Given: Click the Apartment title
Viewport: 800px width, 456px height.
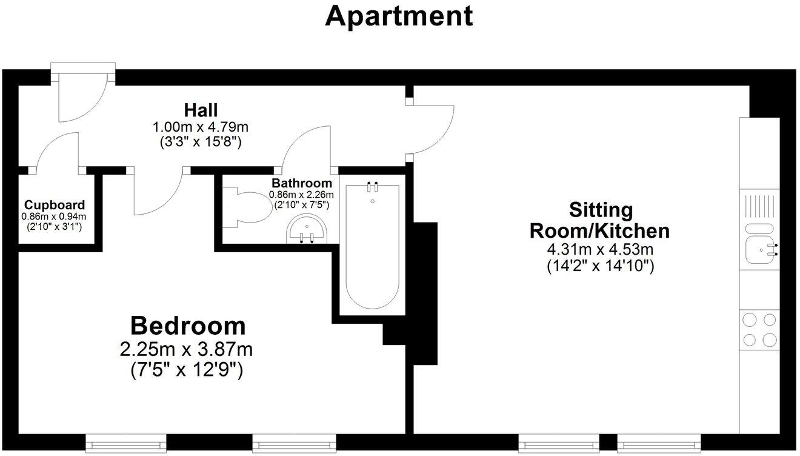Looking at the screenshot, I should pyautogui.click(x=399, y=16).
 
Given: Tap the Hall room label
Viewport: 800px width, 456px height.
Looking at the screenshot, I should pyautogui.click(x=201, y=110).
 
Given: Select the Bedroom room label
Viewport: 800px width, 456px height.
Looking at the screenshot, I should pyautogui.click(x=188, y=326).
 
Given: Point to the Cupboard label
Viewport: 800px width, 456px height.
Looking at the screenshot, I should pyautogui.click(x=55, y=205).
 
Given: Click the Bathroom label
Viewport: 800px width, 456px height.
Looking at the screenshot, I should pyautogui.click(x=301, y=183).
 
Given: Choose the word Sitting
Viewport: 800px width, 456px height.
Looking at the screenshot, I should pyautogui.click(x=601, y=210).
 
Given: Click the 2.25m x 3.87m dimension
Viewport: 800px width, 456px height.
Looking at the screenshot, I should pyautogui.click(x=187, y=349).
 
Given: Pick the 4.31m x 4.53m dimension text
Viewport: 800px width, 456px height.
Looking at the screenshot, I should pyautogui.click(x=599, y=249).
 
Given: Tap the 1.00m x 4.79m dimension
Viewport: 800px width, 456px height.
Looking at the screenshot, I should pyautogui.click(x=201, y=127).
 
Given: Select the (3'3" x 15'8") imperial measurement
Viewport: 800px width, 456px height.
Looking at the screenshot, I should pyautogui.click(x=201, y=143).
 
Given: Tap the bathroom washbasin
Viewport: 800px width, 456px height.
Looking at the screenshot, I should pyautogui.click(x=307, y=230).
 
